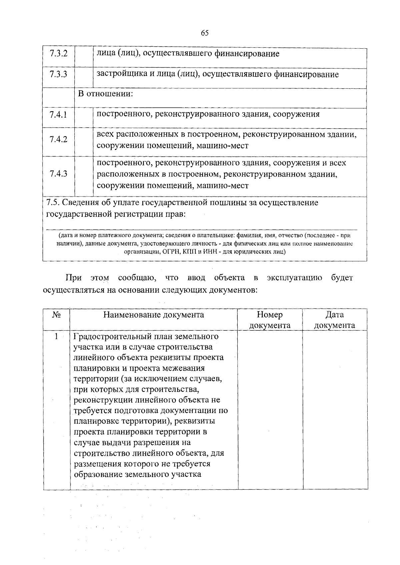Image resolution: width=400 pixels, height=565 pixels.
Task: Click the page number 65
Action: (x=205, y=33)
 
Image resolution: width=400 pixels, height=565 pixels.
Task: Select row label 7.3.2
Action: (x=58, y=54)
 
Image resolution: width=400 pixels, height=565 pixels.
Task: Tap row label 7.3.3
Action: (x=58, y=74)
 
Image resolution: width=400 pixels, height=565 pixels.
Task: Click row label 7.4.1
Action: (x=58, y=115)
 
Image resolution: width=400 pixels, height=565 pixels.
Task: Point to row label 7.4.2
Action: (x=58, y=139)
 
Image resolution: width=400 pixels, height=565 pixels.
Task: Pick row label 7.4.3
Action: (x=58, y=174)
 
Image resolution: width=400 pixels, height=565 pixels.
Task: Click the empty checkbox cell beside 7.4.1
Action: (x=84, y=118)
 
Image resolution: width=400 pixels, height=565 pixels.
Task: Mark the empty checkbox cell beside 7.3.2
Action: (x=84, y=57)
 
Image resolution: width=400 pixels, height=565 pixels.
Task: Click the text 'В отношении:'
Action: (x=105, y=94)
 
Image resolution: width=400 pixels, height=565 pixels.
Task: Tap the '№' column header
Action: (x=56, y=315)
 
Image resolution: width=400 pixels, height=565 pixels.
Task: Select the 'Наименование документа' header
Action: (x=154, y=315)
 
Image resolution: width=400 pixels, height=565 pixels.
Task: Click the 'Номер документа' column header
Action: (x=270, y=320)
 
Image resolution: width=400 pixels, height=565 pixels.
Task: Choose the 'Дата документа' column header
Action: (x=334, y=320)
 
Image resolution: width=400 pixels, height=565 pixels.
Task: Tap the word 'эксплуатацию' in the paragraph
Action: (x=294, y=278)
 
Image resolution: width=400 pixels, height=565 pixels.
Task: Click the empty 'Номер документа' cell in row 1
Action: (x=270, y=410)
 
